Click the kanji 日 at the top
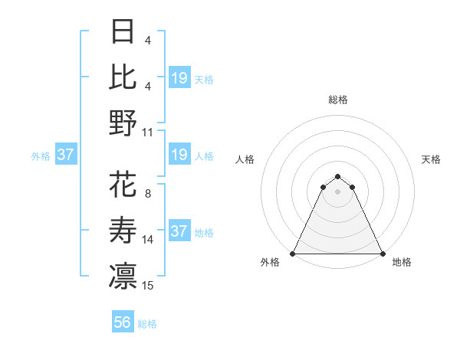pyautogui.click(x=123, y=32)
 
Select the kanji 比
pyautogui.click(x=123, y=77)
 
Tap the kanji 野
pyautogui.click(x=123, y=123)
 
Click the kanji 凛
pyautogui.click(x=123, y=276)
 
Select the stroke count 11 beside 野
pyautogui.click(x=148, y=132)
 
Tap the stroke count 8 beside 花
pyautogui.click(x=147, y=194)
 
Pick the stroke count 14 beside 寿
pyautogui.click(x=148, y=240)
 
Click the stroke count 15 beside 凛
pyautogui.click(x=148, y=286)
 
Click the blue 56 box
pyautogui.click(x=123, y=322)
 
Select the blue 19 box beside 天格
pyautogui.click(x=179, y=77)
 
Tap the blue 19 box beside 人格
pyautogui.click(x=179, y=155)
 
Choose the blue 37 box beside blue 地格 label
pyautogui.click(x=179, y=231)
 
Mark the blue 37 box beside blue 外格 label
pyautogui.click(x=66, y=155)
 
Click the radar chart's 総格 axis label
pyautogui.click(x=338, y=100)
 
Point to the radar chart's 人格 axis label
pyautogui.click(x=246, y=159)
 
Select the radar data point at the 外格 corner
pyautogui.click(x=293, y=254)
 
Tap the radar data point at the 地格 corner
pyautogui.click(x=383, y=254)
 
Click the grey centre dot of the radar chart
pyautogui.click(x=337, y=191)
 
